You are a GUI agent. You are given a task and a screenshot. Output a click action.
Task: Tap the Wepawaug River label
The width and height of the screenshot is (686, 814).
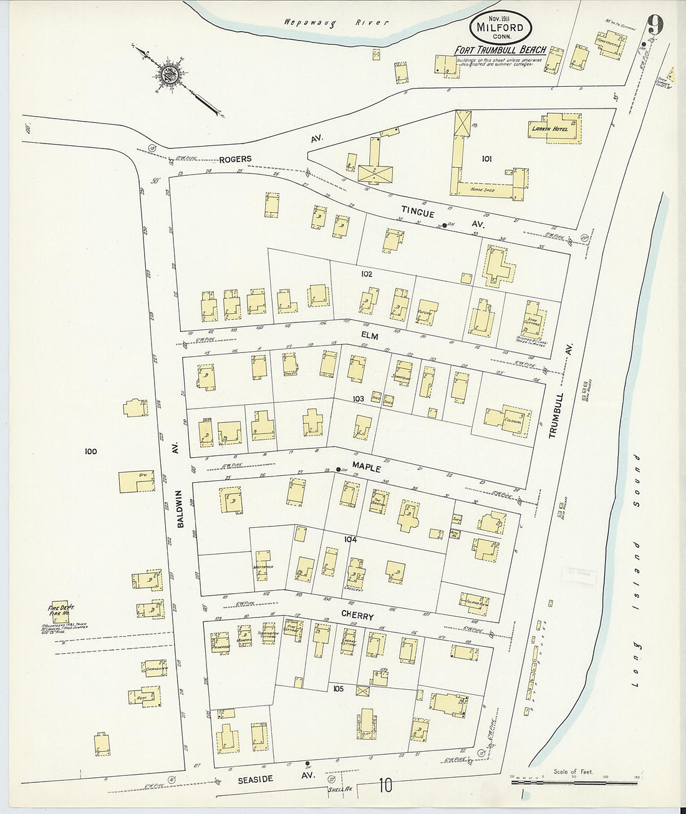pyautogui.click(x=336, y=22)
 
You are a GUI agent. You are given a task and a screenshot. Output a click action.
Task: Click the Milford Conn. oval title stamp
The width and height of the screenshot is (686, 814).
pyautogui.click(x=501, y=27)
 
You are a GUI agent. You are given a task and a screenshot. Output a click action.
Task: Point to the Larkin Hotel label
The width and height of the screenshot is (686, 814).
pyautogui.click(x=544, y=130)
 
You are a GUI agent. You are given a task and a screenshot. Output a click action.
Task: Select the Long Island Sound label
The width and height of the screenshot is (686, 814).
pyautogui.click(x=635, y=570)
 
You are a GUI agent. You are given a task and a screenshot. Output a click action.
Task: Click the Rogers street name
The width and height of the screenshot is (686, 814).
pyautogui.click(x=234, y=159)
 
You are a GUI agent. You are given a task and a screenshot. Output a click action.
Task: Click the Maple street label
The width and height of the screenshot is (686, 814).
pyautogui.click(x=366, y=467)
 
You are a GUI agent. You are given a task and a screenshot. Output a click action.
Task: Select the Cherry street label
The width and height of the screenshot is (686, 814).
pyautogui.click(x=357, y=616)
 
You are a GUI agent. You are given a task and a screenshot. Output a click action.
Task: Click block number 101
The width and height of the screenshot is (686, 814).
pyautogui.click(x=486, y=159)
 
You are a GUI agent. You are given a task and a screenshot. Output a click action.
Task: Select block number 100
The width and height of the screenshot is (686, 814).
pyautogui.click(x=91, y=451)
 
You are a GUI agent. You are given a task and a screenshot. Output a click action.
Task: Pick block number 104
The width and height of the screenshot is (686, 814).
pyautogui.click(x=350, y=540)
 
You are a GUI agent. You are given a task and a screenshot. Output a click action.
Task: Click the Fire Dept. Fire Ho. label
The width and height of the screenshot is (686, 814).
pyautogui.click(x=60, y=611)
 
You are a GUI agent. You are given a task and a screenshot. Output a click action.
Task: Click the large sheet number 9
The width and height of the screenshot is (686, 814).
pyautogui.click(x=654, y=24)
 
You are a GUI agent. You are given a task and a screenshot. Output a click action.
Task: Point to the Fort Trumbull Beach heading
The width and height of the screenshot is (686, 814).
pyautogui.click(x=500, y=50)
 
